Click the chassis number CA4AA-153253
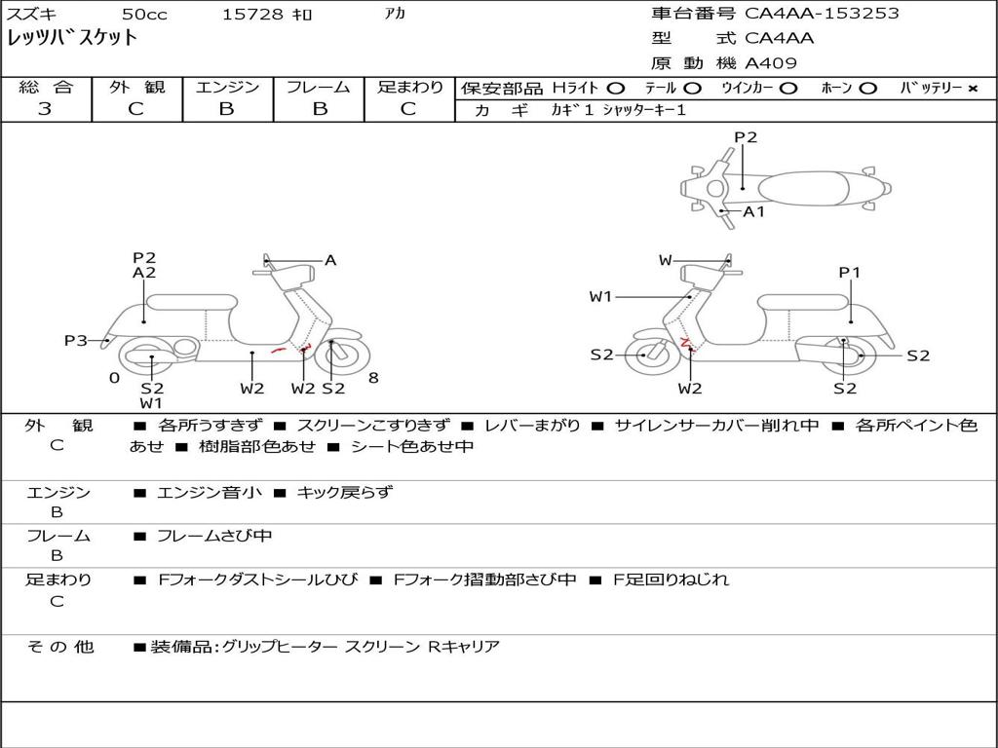click(822, 13)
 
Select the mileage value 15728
click(252, 14)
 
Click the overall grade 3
click(45, 108)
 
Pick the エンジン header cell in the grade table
click(227, 87)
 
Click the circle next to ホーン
click(867, 89)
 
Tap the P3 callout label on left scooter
click(76, 340)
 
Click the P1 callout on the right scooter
click(849, 273)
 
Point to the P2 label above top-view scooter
click(746, 136)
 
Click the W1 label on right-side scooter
click(600, 296)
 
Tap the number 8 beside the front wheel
click(373, 378)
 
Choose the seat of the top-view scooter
click(803, 188)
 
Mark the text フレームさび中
click(214, 536)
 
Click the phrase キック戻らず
click(345, 492)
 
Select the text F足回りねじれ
click(671, 580)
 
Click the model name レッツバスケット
click(72, 38)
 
